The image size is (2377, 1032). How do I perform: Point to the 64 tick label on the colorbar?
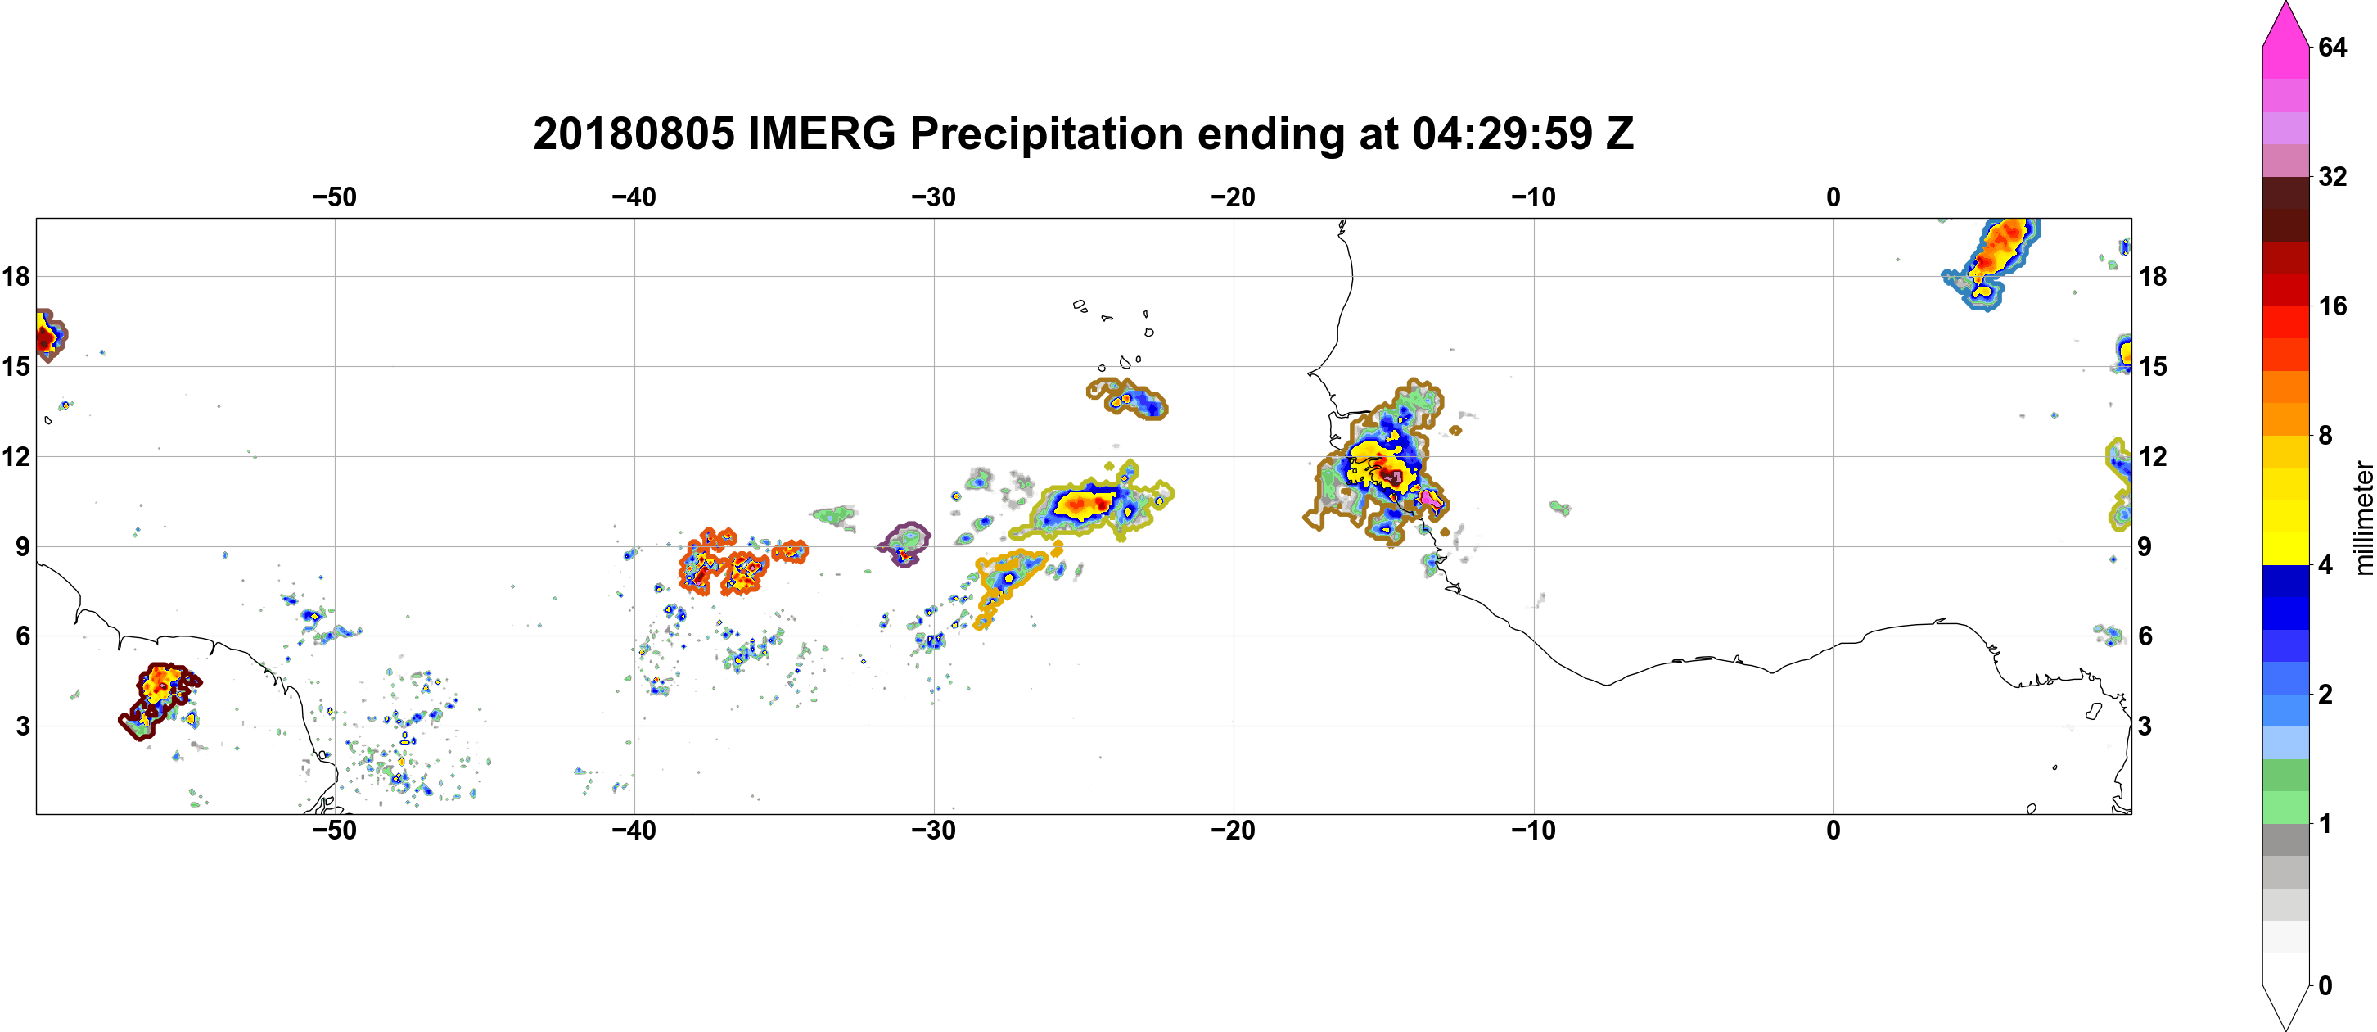[2333, 47]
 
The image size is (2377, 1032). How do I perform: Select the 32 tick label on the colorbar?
[2333, 176]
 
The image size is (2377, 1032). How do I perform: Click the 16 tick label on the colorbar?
[2333, 306]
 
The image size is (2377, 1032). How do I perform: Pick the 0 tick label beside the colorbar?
[2325, 986]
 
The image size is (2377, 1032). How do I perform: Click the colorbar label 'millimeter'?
[2363, 518]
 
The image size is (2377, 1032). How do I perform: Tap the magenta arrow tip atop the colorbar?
[2285, 5]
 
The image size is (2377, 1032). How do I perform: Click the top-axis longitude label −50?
[334, 197]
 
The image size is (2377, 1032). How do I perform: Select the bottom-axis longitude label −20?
[1234, 831]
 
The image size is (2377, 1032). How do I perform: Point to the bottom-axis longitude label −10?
[1534, 831]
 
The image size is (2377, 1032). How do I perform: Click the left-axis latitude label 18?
[16, 276]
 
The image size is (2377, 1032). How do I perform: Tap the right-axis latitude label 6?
[2145, 636]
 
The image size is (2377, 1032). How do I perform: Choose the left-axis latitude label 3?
[22, 726]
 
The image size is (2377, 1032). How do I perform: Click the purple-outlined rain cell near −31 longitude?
[904, 544]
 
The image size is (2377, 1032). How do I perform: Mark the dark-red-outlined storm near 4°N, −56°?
[160, 700]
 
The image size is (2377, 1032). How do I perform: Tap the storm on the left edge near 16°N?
[48, 335]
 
